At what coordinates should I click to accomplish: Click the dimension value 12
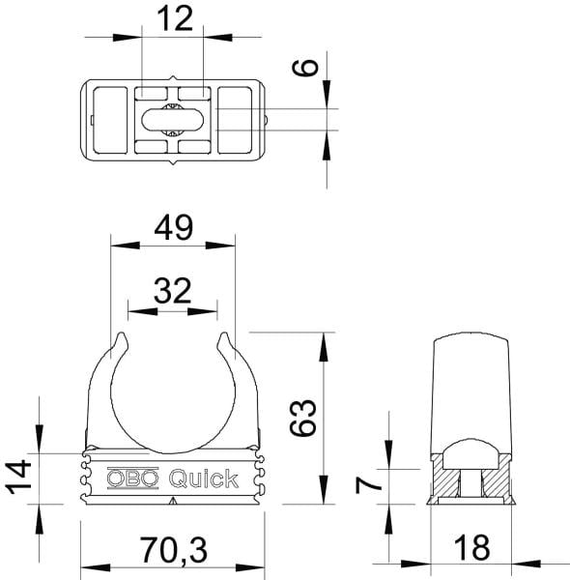tap(175, 18)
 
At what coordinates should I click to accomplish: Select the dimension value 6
tap(305, 68)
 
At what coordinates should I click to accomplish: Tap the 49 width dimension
tap(173, 227)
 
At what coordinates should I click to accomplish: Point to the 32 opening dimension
tap(173, 291)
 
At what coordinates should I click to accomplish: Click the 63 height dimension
tap(302, 418)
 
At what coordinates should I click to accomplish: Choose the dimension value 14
tap(18, 477)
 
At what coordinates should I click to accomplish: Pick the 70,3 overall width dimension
tap(173, 550)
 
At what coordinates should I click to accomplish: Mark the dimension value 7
tap(368, 485)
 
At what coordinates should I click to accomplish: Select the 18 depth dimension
tap(471, 547)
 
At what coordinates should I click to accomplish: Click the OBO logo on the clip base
tap(132, 478)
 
